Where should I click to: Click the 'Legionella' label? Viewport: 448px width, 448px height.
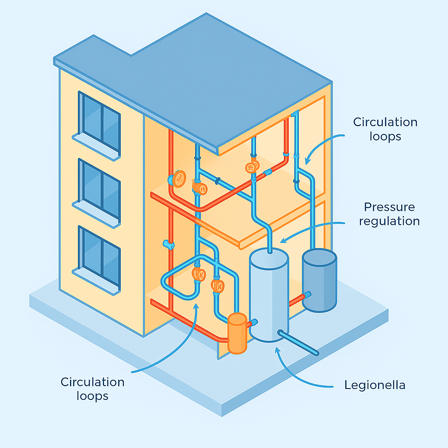point(374,385)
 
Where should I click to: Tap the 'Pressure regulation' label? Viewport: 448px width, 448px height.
point(389,214)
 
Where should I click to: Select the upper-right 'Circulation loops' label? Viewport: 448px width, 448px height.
point(385,129)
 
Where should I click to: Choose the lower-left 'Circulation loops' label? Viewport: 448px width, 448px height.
point(92,389)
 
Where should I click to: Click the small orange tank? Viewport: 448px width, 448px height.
point(237,333)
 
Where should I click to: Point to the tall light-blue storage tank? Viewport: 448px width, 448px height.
point(269,297)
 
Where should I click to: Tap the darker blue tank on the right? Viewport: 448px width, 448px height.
point(319,280)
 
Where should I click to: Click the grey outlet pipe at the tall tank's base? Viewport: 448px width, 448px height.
point(300,343)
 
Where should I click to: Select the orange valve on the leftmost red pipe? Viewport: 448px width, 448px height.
point(178,178)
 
